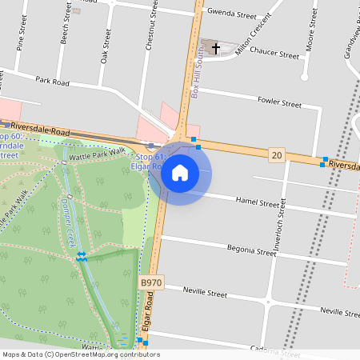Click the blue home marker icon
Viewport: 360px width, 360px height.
point(180,172)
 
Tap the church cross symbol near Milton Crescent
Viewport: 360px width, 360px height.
point(215,49)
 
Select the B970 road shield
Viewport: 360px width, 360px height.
point(150,282)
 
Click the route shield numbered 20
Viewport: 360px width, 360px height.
point(276,154)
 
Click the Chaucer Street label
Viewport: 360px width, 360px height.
point(274,54)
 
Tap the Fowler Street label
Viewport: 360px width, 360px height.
point(279,102)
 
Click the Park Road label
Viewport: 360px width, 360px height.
point(54,81)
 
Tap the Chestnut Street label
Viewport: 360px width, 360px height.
point(149,32)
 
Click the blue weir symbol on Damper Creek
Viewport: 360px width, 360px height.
point(82,257)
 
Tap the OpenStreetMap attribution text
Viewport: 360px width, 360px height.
point(80,354)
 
